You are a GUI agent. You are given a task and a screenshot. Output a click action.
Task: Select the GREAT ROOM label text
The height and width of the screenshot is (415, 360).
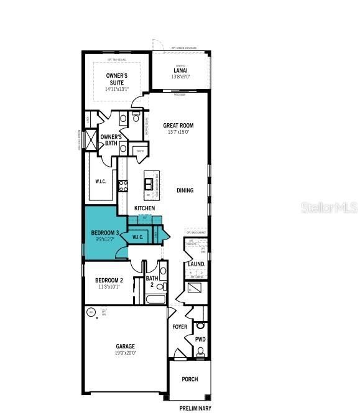tap(178, 125)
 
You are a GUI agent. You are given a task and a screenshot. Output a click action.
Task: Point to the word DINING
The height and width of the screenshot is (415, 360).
tap(185, 190)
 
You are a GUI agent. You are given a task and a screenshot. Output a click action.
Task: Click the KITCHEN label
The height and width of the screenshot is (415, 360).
tap(144, 208)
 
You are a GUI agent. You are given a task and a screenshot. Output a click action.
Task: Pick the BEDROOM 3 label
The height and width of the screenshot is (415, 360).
tap(106, 233)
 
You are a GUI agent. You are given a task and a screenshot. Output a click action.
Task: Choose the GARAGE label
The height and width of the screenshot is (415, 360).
tap(125, 346)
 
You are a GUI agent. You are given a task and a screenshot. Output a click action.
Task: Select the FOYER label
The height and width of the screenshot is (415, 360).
tap(179, 326)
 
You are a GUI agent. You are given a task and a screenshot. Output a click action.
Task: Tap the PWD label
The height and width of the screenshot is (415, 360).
tap(200, 340)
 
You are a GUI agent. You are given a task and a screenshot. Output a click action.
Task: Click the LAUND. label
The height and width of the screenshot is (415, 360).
tap(196, 264)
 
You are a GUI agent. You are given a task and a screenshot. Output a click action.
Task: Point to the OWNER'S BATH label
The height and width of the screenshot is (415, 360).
tap(111, 140)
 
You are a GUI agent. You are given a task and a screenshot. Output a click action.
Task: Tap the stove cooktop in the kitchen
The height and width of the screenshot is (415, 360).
tap(123, 185)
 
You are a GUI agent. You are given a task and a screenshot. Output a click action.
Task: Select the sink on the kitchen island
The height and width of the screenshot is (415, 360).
tap(149, 183)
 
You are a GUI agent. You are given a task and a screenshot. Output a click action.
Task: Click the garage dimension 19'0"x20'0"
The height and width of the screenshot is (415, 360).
tap(125, 353)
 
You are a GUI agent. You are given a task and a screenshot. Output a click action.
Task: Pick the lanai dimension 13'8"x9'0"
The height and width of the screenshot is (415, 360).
tap(180, 78)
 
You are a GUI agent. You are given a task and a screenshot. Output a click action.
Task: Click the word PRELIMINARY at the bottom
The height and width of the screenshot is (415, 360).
tap(195, 408)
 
